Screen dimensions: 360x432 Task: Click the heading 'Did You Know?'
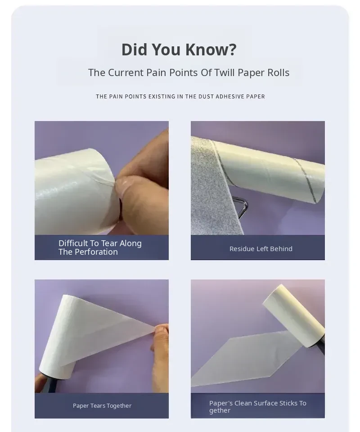179,49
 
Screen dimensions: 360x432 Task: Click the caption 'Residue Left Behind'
261,249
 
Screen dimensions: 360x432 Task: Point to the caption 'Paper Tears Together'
102,405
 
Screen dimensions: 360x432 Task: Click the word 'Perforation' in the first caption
96,252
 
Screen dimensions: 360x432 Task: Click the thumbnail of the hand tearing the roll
102,178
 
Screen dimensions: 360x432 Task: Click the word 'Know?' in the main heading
211,49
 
